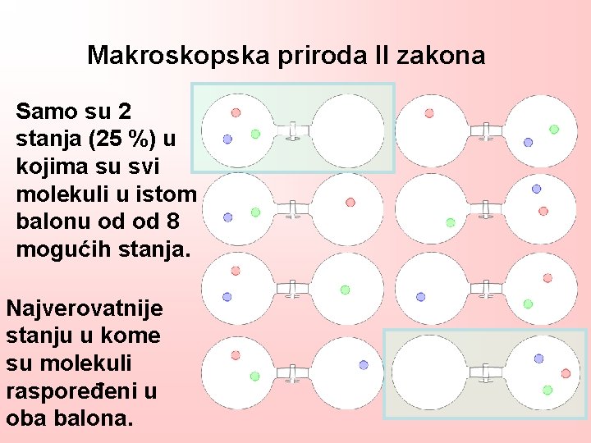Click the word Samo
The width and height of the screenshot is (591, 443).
tap(44, 110)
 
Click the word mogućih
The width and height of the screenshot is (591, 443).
tap(56, 249)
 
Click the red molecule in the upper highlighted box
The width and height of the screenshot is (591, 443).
tap(236, 112)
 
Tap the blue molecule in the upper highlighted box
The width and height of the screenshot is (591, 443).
tap(227, 139)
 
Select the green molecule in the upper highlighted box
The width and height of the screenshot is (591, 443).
tap(255, 134)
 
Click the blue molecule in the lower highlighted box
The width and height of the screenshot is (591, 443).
tap(538, 359)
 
